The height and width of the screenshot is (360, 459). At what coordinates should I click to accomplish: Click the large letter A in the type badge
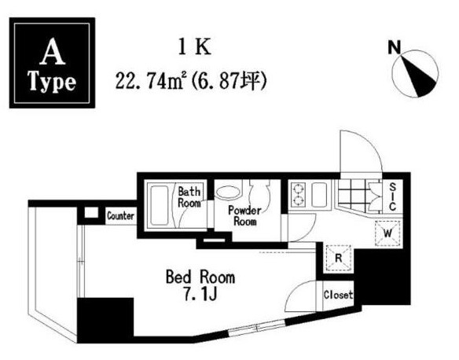pyautogui.click(x=53, y=52)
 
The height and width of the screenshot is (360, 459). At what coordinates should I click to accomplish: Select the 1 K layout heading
pyautogui.click(x=195, y=48)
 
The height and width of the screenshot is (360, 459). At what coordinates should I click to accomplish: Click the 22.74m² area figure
pyautogui.click(x=151, y=80)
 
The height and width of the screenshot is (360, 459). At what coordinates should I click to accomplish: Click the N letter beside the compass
pyautogui.click(x=394, y=47)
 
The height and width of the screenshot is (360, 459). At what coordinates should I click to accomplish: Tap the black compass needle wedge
pyautogui.click(x=417, y=75)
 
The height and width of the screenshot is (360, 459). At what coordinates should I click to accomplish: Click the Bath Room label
pyautogui.click(x=189, y=197)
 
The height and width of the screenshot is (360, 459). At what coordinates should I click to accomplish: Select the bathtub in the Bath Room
pyautogui.click(x=160, y=205)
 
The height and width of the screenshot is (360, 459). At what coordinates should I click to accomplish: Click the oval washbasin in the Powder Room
pyautogui.click(x=228, y=193)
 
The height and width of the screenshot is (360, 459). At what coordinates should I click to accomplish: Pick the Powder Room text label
pyautogui.click(x=244, y=215)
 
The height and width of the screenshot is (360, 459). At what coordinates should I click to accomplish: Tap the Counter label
pyautogui.click(x=120, y=216)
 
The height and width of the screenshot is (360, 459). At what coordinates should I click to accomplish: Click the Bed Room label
pyautogui.click(x=200, y=277)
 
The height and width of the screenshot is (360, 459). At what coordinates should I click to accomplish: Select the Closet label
pyautogui.click(x=339, y=295)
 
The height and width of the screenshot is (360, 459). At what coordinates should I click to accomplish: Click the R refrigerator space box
pyautogui.click(x=339, y=258)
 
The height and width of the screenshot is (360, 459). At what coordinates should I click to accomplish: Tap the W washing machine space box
pyautogui.click(x=387, y=233)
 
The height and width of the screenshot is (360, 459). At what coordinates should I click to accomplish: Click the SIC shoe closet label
pyautogui.click(x=393, y=197)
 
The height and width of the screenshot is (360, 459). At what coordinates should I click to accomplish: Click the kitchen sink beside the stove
pyautogui.click(x=319, y=195)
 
